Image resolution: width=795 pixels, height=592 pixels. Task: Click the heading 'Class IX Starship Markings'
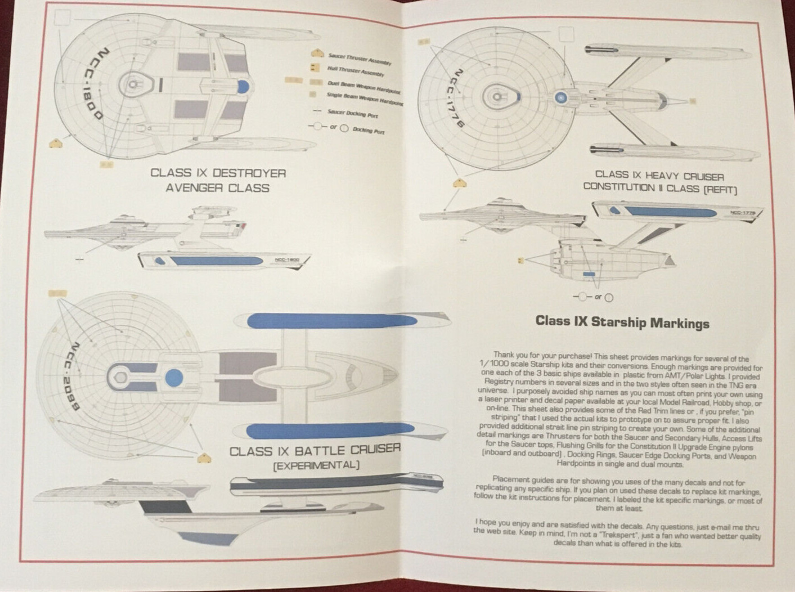tap(622, 322)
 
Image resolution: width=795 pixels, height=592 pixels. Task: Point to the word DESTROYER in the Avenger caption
tap(249, 173)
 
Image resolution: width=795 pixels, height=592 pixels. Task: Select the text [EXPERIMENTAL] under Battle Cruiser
tap(316, 465)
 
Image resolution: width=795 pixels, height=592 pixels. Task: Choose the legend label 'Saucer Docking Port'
tap(352, 114)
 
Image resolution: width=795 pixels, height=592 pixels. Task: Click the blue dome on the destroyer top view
tap(243, 86)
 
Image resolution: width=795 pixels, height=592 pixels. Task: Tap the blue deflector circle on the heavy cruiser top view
tap(560, 97)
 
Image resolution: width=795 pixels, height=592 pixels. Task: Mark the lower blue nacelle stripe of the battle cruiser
tap(332, 432)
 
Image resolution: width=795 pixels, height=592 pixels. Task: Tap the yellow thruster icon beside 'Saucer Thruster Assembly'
tap(318, 54)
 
